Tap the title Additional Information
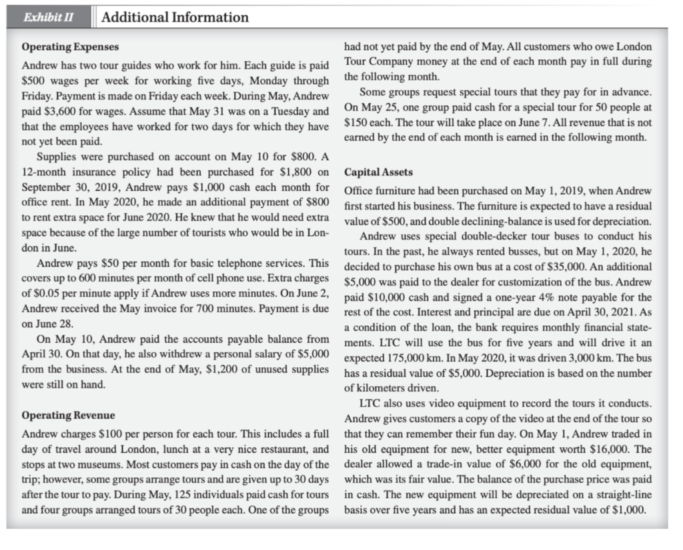(x=175, y=17)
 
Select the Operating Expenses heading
(x=71, y=49)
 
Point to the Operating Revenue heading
(x=69, y=415)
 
